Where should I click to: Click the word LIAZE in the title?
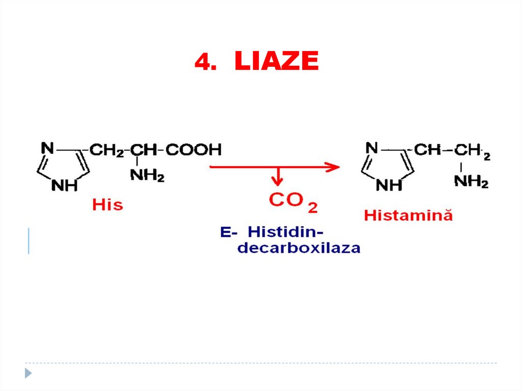(x=276, y=62)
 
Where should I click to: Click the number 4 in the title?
(x=202, y=62)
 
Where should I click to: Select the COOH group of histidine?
(x=194, y=150)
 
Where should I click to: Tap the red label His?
(x=108, y=205)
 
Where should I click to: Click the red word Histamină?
(x=408, y=215)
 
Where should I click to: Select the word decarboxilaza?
(x=299, y=248)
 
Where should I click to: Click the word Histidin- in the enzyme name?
(x=285, y=232)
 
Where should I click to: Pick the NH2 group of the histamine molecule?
(x=471, y=181)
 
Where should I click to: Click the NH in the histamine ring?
(x=389, y=185)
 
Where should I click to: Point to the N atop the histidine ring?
(x=47, y=148)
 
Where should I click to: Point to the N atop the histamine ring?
(x=372, y=148)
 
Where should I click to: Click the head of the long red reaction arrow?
(x=333, y=166)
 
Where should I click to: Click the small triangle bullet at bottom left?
(x=29, y=373)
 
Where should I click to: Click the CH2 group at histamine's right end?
(x=472, y=151)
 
